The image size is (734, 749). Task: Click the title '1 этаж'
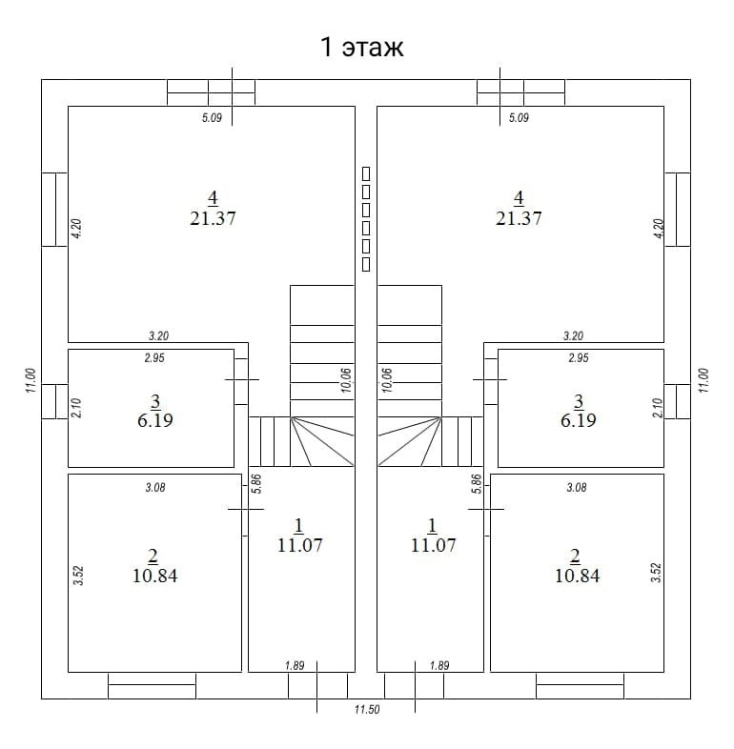pos(361,48)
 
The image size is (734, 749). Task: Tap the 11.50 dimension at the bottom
pos(367,709)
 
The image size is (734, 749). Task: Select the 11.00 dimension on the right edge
pos(703,380)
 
